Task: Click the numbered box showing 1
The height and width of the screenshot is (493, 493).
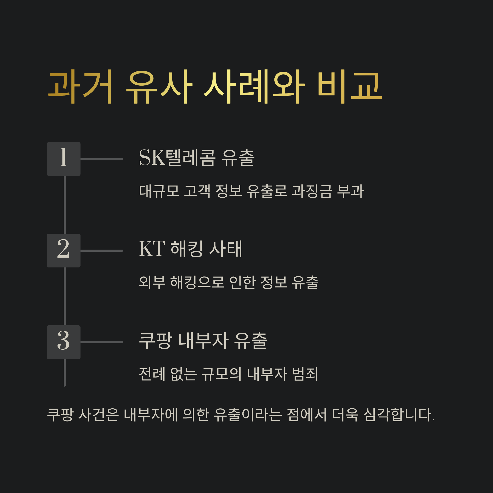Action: (x=63, y=159)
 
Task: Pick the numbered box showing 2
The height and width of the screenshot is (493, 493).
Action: (x=63, y=251)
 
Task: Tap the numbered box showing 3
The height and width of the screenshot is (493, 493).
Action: (x=63, y=342)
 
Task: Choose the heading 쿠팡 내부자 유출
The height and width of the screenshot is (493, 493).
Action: (x=203, y=341)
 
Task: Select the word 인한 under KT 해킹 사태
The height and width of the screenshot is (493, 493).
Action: (x=242, y=282)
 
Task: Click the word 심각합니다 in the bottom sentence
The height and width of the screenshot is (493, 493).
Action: (x=398, y=415)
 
